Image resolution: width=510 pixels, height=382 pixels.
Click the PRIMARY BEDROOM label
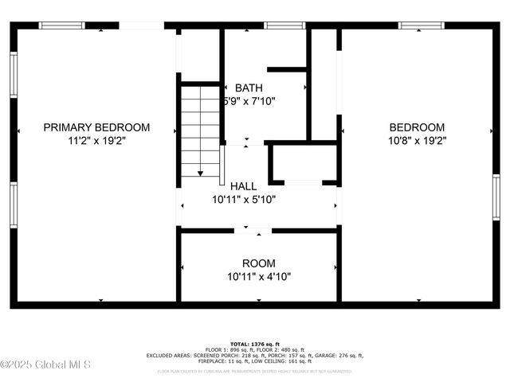96,127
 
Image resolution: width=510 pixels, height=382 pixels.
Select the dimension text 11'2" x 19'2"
96,140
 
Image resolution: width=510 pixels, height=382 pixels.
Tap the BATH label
249,88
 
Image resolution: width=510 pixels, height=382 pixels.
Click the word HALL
243,186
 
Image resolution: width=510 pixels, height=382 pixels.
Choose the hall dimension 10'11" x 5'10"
243,200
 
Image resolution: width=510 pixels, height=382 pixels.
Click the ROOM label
259,263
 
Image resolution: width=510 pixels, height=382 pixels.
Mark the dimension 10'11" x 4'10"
259,277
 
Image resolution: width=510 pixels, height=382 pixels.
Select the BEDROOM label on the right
417,127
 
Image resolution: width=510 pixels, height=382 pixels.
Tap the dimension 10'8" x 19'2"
417,140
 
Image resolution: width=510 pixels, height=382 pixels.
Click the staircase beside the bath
200,131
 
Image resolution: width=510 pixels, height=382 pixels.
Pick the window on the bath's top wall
279,25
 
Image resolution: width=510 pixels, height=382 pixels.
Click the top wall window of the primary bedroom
62,25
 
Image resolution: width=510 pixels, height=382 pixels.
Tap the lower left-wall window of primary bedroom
14,205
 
